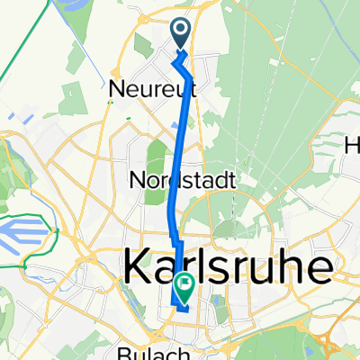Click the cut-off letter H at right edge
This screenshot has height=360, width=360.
click(352, 143)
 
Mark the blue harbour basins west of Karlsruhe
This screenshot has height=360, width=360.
click(27, 243)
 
